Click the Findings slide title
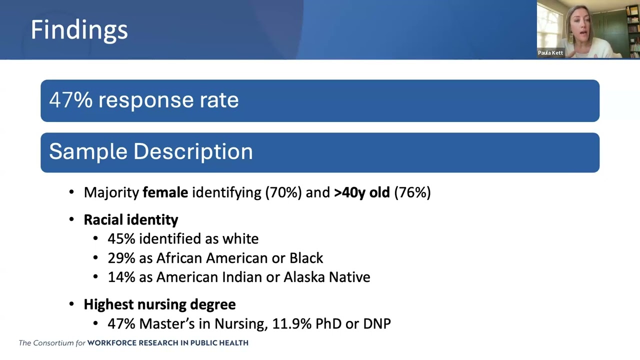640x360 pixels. click(79, 30)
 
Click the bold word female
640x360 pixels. click(165, 192)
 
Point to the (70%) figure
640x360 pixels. click(283, 192)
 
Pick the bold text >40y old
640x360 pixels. click(361, 192)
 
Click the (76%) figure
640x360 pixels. click(412, 192)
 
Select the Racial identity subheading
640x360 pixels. click(130, 219)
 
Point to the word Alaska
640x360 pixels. click(303, 277)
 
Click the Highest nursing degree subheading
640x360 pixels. click(159, 304)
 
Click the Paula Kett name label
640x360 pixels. click(550, 52)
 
